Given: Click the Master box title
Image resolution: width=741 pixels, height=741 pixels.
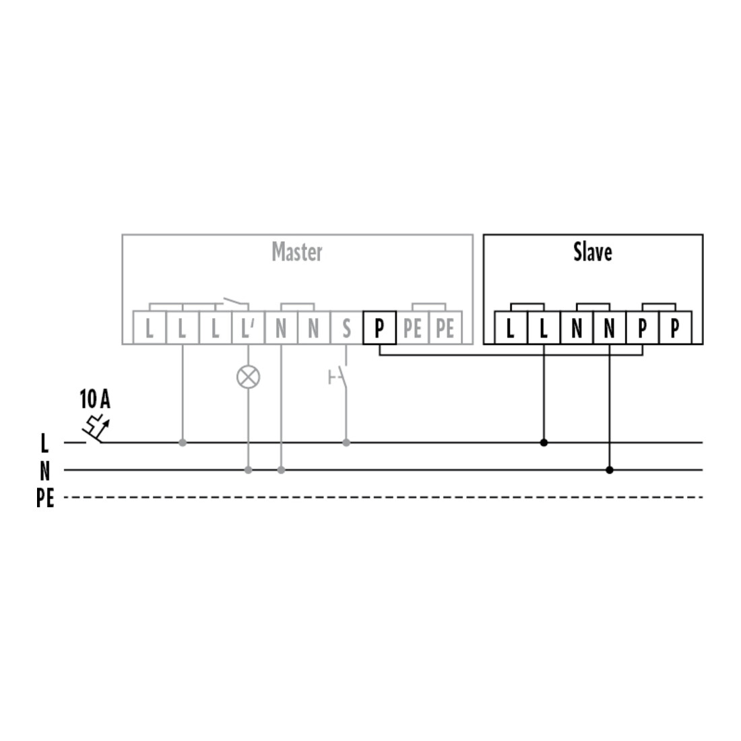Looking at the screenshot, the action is click(297, 252).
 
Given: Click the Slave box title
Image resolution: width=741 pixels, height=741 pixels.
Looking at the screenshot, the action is click(593, 252).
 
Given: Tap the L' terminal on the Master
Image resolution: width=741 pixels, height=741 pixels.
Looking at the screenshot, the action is click(248, 327).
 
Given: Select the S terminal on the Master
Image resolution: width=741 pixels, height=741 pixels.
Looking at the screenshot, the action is click(346, 327).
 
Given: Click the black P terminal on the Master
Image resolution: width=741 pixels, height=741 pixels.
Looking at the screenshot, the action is click(379, 327).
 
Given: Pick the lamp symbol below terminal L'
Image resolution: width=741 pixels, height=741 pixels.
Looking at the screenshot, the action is click(248, 377).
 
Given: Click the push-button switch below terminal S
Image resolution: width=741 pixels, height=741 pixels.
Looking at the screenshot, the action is click(338, 378).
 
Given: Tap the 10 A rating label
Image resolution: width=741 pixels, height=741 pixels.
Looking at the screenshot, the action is click(95, 399).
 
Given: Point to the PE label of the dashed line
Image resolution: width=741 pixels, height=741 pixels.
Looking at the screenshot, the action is click(45, 498).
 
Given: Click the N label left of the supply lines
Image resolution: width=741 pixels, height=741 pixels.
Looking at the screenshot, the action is click(45, 471).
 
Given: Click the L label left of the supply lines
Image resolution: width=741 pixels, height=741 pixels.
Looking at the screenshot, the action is click(44, 443).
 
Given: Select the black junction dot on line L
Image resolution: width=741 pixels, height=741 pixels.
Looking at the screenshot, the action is click(544, 443).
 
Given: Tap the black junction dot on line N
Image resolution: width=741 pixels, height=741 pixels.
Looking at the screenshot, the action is click(610, 470).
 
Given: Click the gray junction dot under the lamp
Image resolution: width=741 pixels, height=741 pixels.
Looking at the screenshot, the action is click(248, 470).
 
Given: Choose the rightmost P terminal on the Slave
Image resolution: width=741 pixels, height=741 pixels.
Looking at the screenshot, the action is click(675, 327).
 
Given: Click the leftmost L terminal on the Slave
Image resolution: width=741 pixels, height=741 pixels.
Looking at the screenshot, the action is click(511, 327).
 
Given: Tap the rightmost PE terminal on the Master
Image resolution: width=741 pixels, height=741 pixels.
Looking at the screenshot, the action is click(445, 327).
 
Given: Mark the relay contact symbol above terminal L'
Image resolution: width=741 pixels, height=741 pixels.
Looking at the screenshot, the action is click(235, 302).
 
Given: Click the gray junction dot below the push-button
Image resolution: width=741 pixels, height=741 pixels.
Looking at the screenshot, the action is click(346, 443).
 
